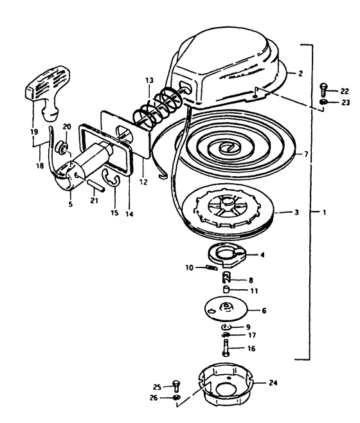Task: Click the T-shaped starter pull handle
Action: tap(49, 89)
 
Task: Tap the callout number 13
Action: tap(149, 80)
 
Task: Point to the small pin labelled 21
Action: tap(96, 185)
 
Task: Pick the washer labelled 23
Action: tap(323, 102)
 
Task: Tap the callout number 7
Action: tap(306, 154)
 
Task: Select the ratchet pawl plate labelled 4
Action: tap(228, 255)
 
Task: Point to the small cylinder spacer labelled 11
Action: tap(226, 289)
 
